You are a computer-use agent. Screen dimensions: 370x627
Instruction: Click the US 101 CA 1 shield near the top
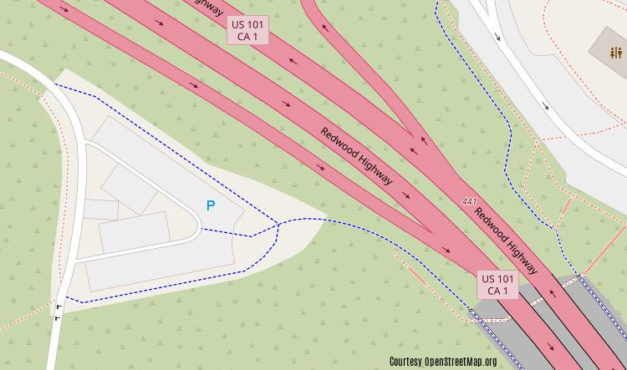coord(247,31)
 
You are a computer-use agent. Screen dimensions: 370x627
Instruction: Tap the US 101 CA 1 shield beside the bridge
coord(497,284)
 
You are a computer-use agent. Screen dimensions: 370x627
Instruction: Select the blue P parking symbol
coord(211,205)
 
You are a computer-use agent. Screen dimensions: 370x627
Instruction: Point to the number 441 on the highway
coord(468,202)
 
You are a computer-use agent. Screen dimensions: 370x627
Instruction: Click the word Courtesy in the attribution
coord(405,362)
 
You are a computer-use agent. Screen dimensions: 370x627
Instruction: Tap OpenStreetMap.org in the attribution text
coord(461,362)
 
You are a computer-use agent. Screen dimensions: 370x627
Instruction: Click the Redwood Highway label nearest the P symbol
coord(355,155)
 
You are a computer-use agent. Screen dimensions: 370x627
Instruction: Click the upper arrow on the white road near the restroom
coord(498,37)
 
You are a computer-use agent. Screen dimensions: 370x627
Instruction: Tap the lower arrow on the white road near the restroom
coord(546,106)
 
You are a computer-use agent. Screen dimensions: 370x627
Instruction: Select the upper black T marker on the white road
coord(58,307)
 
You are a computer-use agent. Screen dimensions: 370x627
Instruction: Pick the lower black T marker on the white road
coord(56,317)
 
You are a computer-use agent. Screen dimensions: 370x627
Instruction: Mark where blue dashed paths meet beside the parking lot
coord(278,223)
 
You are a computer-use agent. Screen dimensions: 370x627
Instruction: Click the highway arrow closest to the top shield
coord(289,60)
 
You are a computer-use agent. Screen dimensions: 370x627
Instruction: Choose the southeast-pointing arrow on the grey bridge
coord(551,346)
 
